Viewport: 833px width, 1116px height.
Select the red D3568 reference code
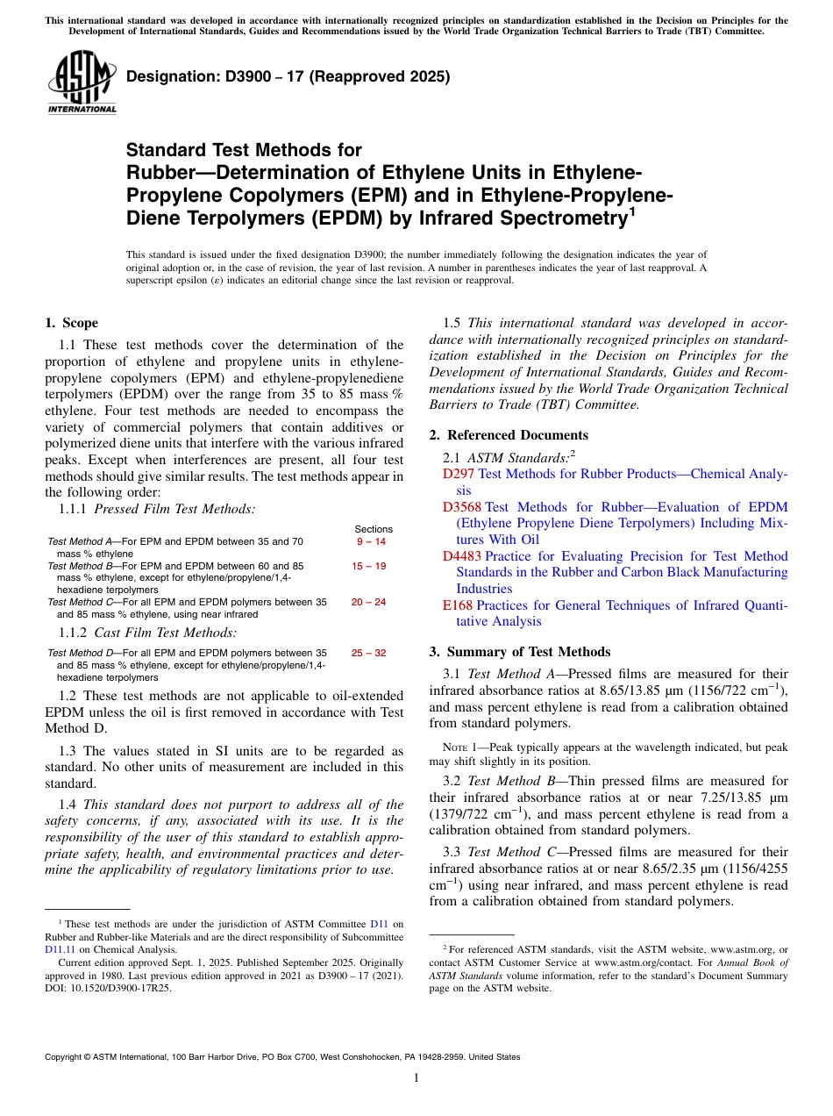coord(463,507)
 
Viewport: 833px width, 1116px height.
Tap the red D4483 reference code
coord(463,556)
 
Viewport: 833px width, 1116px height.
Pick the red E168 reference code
coord(458,605)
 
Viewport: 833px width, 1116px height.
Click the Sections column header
coord(374,529)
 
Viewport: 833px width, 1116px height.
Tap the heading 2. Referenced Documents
coord(509,435)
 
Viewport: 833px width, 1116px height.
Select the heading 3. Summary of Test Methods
coord(519,652)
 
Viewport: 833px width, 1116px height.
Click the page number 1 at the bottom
coord(416,1078)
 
